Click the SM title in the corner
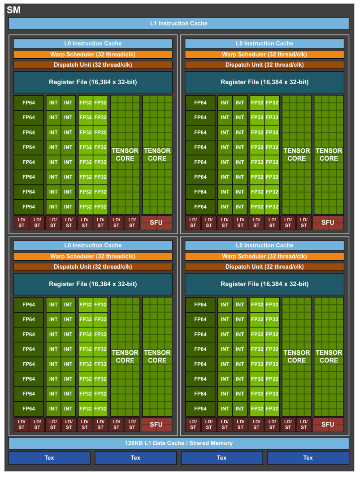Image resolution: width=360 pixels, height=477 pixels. (x=13, y=10)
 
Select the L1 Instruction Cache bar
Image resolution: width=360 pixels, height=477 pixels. (x=178, y=23)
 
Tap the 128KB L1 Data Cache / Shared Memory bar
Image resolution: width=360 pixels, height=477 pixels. (x=178, y=443)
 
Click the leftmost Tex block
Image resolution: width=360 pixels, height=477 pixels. (x=49, y=458)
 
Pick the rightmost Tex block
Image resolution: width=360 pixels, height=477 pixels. (x=308, y=458)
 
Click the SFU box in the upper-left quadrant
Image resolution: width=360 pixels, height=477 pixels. (x=156, y=223)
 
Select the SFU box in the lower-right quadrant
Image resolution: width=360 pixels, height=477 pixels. (x=328, y=425)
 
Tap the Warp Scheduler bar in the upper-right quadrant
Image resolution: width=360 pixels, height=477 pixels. (x=265, y=54)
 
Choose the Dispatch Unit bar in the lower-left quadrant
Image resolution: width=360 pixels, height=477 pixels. (x=93, y=266)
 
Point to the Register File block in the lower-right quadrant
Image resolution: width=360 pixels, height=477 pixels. (x=265, y=284)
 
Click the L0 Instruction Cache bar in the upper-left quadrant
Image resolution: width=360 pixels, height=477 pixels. (x=93, y=43)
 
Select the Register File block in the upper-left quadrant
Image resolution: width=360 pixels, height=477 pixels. (x=93, y=82)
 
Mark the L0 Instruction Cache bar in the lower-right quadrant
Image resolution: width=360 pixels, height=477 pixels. (x=265, y=245)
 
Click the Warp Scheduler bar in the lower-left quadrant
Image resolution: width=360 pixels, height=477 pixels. (x=93, y=256)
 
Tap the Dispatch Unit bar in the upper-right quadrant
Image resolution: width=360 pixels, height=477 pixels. (x=265, y=64)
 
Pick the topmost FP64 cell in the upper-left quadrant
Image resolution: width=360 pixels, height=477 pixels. (x=29, y=103)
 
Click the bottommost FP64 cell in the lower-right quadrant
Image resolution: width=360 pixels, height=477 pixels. (x=200, y=408)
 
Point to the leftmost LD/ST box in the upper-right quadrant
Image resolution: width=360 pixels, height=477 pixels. (x=193, y=223)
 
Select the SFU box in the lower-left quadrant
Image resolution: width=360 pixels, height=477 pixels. (x=156, y=425)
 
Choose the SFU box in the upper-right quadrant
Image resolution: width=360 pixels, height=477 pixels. (x=328, y=223)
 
